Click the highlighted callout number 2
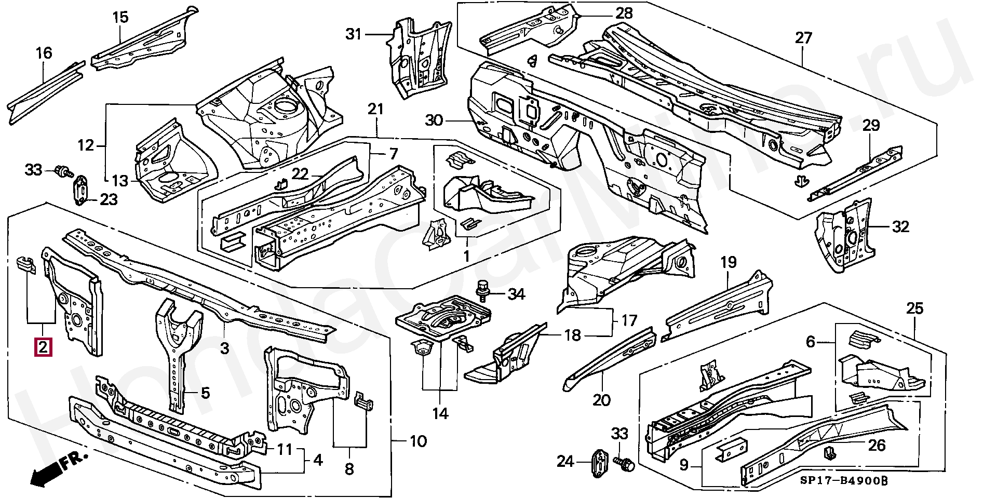(x=43, y=347)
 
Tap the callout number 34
(x=516, y=295)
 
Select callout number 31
(x=354, y=34)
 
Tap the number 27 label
(x=803, y=38)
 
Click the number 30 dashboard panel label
(x=434, y=120)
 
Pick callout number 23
(x=109, y=199)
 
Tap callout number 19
(x=729, y=262)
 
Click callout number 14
(x=440, y=413)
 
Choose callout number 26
(x=877, y=445)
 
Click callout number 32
(x=901, y=226)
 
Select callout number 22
(x=300, y=174)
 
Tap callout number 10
(x=418, y=441)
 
